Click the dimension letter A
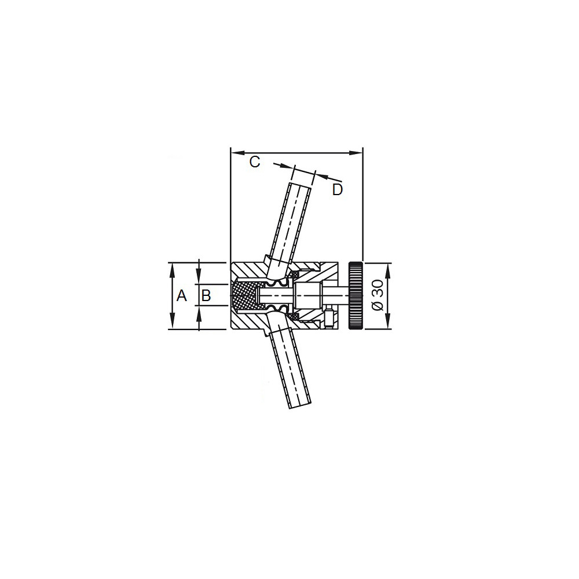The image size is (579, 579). [x=182, y=296]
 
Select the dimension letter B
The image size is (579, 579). [x=206, y=296]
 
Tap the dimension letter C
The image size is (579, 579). [x=255, y=162]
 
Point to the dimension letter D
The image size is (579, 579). [x=338, y=190]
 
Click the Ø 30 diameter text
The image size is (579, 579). [x=378, y=295]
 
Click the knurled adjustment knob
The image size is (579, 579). [x=356, y=295]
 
